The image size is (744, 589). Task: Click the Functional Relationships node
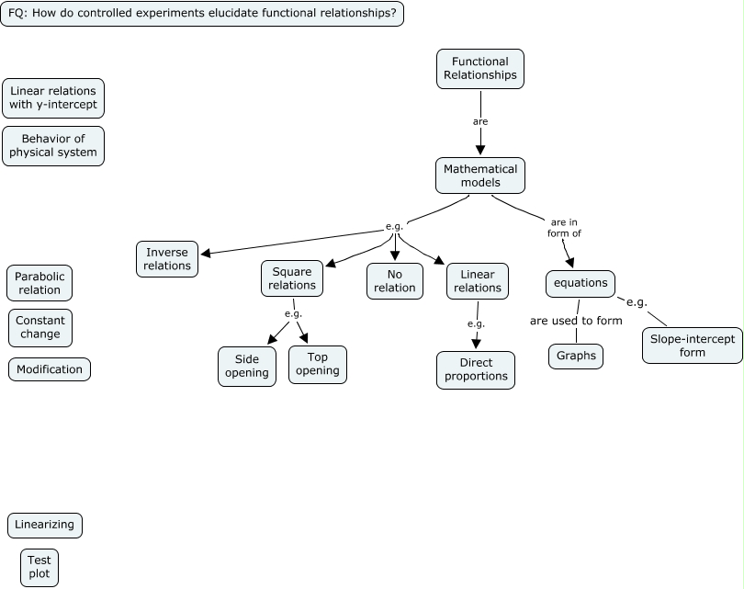(479, 69)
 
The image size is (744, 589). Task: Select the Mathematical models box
(480, 176)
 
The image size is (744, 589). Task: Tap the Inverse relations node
(167, 259)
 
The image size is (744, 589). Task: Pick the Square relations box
(292, 278)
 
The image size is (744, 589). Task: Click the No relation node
(395, 280)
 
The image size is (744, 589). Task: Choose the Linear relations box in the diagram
(478, 280)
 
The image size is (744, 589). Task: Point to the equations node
(581, 283)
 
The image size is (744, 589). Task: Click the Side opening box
(247, 366)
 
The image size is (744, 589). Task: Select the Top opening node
(318, 364)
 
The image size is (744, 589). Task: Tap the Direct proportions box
(476, 369)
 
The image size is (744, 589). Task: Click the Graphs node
(576, 356)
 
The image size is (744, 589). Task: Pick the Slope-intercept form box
(693, 345)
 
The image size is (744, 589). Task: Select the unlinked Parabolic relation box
(39, 283)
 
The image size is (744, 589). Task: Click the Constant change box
(40, 327)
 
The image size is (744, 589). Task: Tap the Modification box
(50, 369)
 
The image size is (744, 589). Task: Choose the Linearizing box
(45, 525)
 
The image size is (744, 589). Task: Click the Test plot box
(39, 567)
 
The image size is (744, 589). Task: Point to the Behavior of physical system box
(53, 145)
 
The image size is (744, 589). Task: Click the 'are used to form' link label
(576, 321)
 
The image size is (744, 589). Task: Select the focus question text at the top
(202, 14)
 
